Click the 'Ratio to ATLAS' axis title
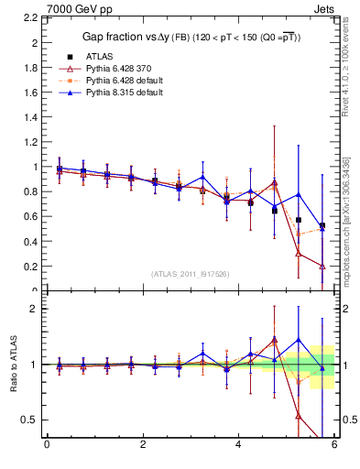click(x=10, y=364)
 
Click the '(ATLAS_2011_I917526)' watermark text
click(x=190, y=274)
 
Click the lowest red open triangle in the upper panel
click(x=322, y=266)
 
